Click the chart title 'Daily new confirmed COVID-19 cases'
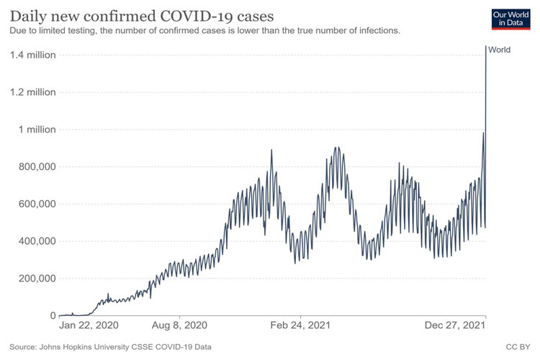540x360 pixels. [x=141, y=14]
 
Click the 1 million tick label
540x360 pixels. [x=37, y=130]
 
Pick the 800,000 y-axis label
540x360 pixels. [x=35, y=167]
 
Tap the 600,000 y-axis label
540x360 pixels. [x=35, y=204]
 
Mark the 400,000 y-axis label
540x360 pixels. [x=35, y=242]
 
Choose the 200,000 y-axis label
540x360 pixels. [x=35, y=279]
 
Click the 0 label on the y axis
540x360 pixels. [x=53, y=316]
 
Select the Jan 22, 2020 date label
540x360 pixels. [x=87, y=325]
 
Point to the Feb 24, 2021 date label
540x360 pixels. [x=300, y=325]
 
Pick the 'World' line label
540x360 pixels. [x=500, y=50]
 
